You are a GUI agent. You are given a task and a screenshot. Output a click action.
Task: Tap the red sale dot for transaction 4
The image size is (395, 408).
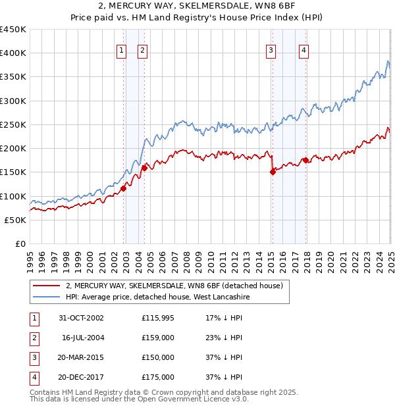point(305,160)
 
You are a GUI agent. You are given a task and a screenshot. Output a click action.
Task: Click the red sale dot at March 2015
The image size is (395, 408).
point(273,172)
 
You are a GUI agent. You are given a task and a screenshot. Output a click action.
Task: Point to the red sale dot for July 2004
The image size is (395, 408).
point(144,168)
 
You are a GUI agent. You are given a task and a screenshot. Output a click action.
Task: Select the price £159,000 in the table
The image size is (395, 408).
point(158,338)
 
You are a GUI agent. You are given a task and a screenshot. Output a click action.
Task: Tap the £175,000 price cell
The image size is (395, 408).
point(158,377)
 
